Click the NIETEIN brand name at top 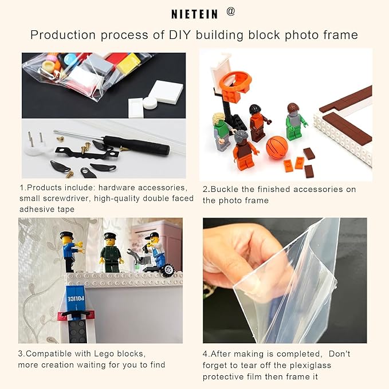click(194, 13)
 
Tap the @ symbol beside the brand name click(231, 11)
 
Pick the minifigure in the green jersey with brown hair click(293, 122)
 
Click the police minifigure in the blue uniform click(69, 250)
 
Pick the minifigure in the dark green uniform click(110, 252)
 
